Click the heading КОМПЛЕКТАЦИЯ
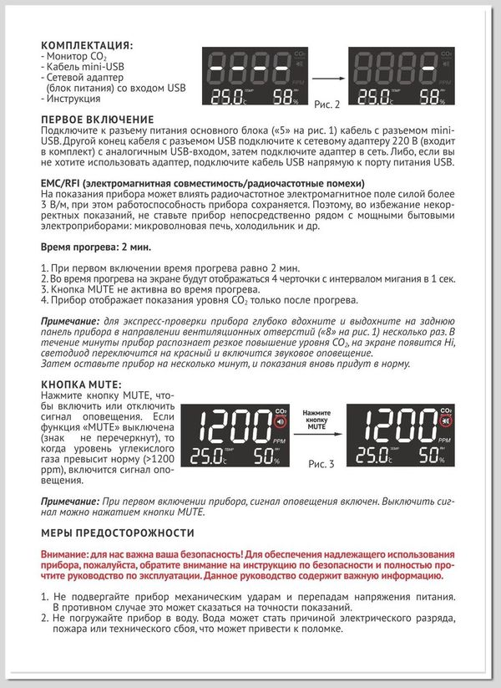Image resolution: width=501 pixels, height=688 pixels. pyautogui.click(x=86, y=43)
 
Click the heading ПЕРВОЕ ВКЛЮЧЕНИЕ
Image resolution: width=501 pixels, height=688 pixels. pyautogui.click(x=98, y=120)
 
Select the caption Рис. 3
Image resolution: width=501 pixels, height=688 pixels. pyautogui.click(x=321, y=462)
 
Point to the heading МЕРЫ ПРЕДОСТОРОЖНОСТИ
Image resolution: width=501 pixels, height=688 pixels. pyautogui.click(x=118, y=533)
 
